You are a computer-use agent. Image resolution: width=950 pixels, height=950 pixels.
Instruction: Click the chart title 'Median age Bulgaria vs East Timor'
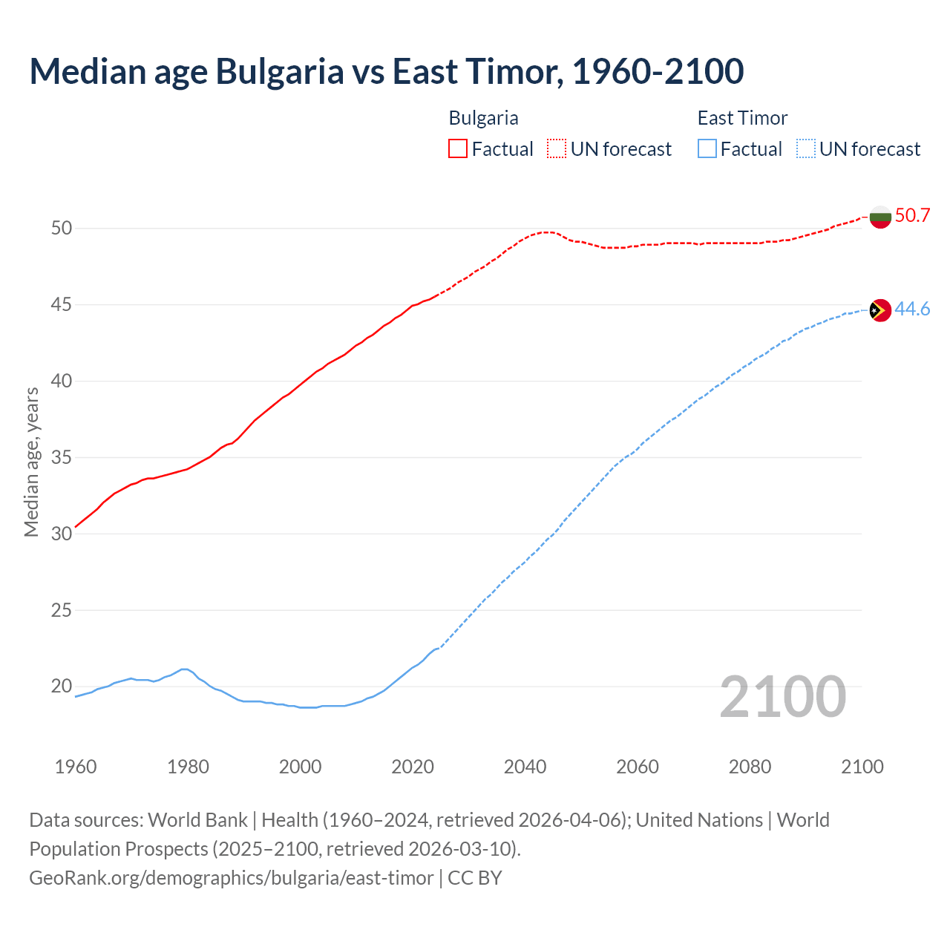[x=386, y=72]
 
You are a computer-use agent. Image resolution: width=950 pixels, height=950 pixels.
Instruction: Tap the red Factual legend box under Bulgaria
[x=458, y=149]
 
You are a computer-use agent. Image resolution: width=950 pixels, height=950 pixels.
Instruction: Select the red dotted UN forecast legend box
[x=557, y=149]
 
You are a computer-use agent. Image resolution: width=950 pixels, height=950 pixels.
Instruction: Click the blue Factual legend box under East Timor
[x=707, y=149]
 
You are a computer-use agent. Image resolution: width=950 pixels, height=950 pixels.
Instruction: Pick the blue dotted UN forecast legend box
[x=805, y=149]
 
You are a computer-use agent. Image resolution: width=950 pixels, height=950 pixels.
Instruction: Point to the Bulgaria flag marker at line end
[x=880, y=217]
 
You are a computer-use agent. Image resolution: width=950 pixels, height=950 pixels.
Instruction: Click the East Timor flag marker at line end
[x=880, y=310]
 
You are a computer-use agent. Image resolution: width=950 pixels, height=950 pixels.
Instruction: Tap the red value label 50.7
[x=912, y=216]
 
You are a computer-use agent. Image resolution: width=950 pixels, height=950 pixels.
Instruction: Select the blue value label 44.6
[x=912, y=309]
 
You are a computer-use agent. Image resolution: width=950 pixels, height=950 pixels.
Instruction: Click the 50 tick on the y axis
[x=62, y=229]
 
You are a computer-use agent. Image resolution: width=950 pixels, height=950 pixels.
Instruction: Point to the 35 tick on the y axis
[x=62, y=458]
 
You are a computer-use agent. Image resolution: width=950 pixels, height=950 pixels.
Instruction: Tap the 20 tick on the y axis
[x=62, y=687]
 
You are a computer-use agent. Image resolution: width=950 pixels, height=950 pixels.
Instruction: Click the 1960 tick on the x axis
[x=76, y=767]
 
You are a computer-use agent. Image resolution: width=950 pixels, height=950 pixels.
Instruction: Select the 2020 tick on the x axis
[x=413, y=767]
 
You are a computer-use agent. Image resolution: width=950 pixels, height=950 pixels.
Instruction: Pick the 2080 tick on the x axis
[x=750, y=767]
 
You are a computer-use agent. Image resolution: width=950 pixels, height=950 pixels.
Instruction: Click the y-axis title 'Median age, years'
[x=31, y=462]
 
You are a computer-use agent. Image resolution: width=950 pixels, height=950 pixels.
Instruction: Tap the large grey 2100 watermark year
[x=783, y=697]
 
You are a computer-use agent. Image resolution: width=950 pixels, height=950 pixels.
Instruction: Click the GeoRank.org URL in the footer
[x=231, y=878]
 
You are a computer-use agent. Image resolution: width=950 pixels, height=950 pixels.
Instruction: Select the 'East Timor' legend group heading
[x=742, y=118]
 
